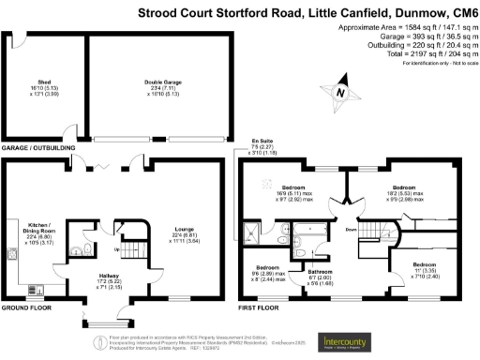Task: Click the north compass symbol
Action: (340, 92)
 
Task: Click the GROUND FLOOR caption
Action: (27, 307)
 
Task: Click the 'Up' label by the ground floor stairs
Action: (115, 250)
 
